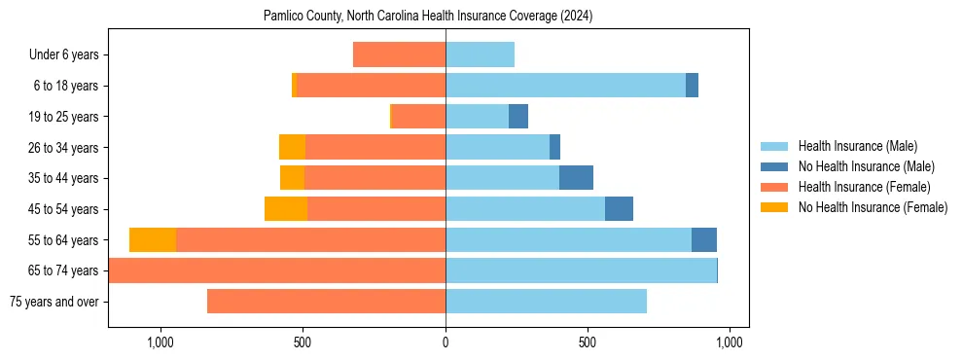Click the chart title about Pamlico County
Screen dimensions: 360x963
[428, 17]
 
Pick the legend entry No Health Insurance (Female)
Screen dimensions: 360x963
[873, 207]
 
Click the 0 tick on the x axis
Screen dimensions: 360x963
[446, 342]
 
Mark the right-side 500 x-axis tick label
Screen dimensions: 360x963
[587, 342]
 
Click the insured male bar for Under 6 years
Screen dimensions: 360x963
[480, 55]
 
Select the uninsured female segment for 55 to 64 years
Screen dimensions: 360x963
[153, 240]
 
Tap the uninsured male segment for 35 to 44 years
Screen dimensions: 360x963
[576, 178]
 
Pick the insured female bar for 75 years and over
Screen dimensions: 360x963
[326, 302]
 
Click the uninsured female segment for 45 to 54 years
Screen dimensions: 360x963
[286, 209]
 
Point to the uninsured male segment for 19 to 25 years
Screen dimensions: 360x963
[518, 117]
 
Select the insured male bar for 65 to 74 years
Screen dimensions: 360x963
[581, 270]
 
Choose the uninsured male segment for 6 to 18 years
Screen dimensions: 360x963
[692, 86]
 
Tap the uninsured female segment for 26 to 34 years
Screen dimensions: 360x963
[292, 147]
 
